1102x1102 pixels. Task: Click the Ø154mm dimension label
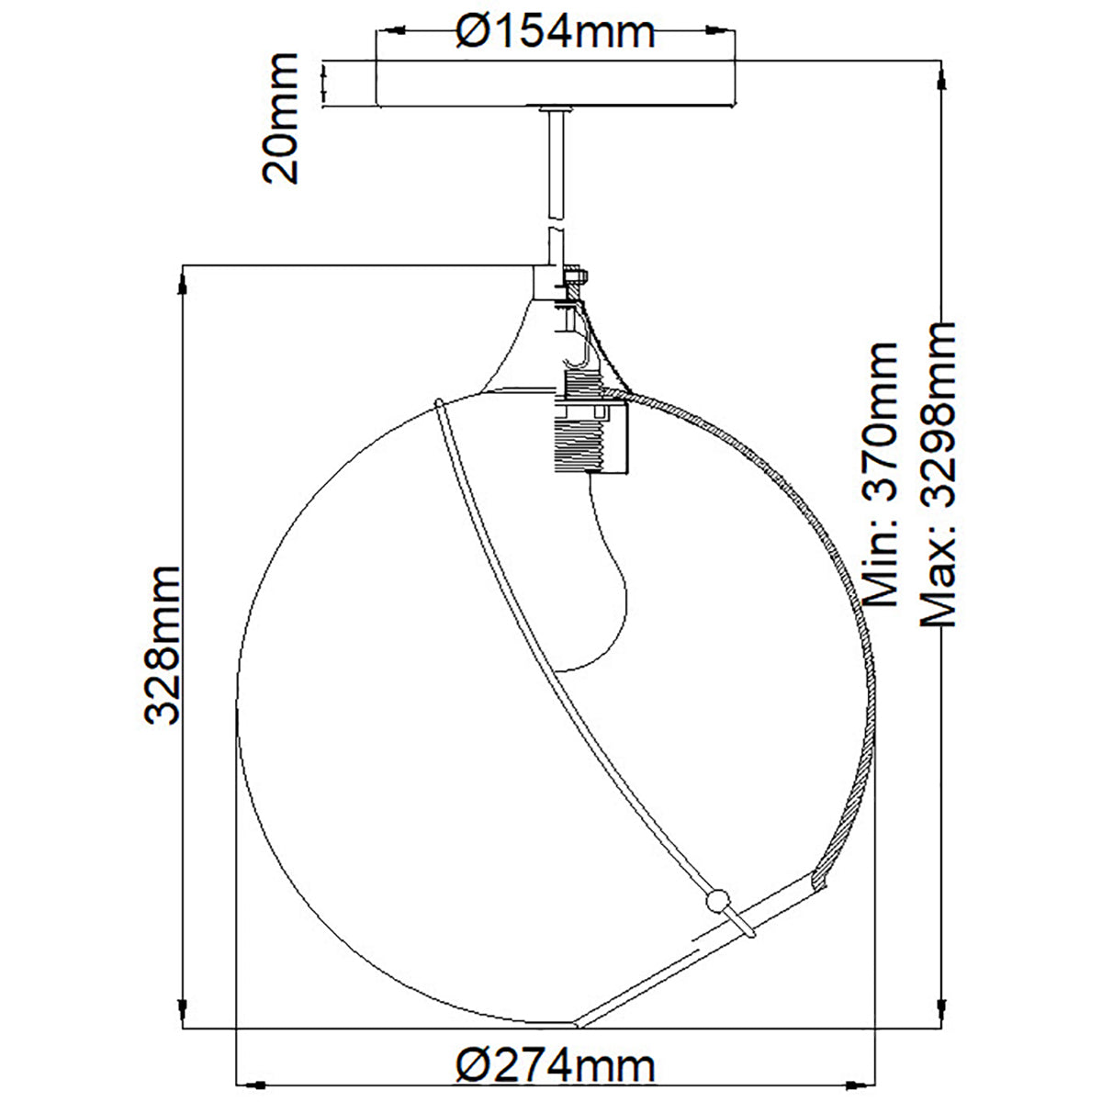(556, 32)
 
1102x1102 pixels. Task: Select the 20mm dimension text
(280, 118)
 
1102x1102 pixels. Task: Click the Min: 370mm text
(880, 474)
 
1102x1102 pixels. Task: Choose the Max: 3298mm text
(937, 474)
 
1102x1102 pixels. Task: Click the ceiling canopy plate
(555, 83)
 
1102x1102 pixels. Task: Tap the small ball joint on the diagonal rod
(717, 901)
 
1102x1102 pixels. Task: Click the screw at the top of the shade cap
(576, 276)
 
